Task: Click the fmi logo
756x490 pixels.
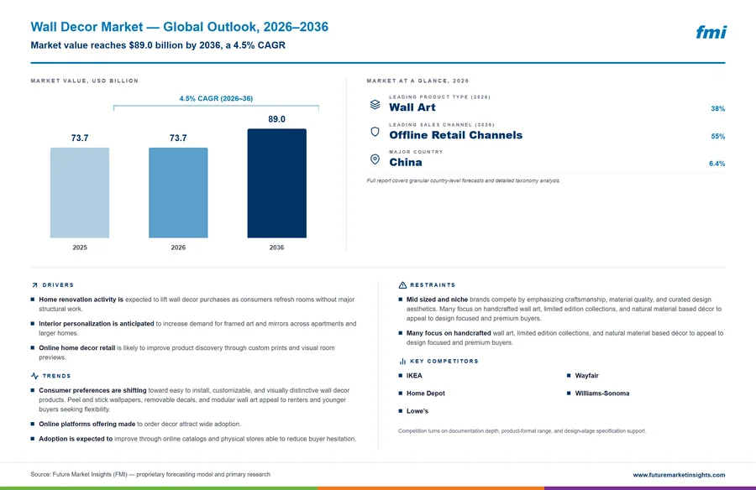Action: pos(711,32)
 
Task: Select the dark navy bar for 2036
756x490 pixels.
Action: pos(276,183)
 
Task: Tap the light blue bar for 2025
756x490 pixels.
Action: pos(80,193)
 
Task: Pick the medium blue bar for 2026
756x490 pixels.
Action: pos(178,193)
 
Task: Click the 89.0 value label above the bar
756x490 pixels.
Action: pos(276,119)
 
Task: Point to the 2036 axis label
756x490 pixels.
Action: pos(276,248)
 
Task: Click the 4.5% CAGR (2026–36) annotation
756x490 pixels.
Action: pos(216,98)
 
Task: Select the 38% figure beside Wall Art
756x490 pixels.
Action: pos(718,108)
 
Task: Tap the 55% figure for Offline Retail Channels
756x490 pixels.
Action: pos(718,137)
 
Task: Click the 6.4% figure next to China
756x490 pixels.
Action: pos(717,164)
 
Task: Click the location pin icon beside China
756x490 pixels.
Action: pos(375,159)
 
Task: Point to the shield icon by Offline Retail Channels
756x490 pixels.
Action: pos(375,132)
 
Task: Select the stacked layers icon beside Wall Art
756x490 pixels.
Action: pos(375,105)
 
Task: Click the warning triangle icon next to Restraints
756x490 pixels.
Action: pos(402,285)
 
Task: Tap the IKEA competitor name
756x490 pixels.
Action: pos(414,376)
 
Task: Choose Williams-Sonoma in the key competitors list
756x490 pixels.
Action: pos(602,394)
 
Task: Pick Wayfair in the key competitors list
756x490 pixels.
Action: pos(587,376)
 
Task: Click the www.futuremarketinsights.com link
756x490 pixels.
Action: pos(679,475)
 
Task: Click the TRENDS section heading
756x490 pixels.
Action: pos(56,376)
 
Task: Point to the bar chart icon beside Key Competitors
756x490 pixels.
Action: pos(402,361)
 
